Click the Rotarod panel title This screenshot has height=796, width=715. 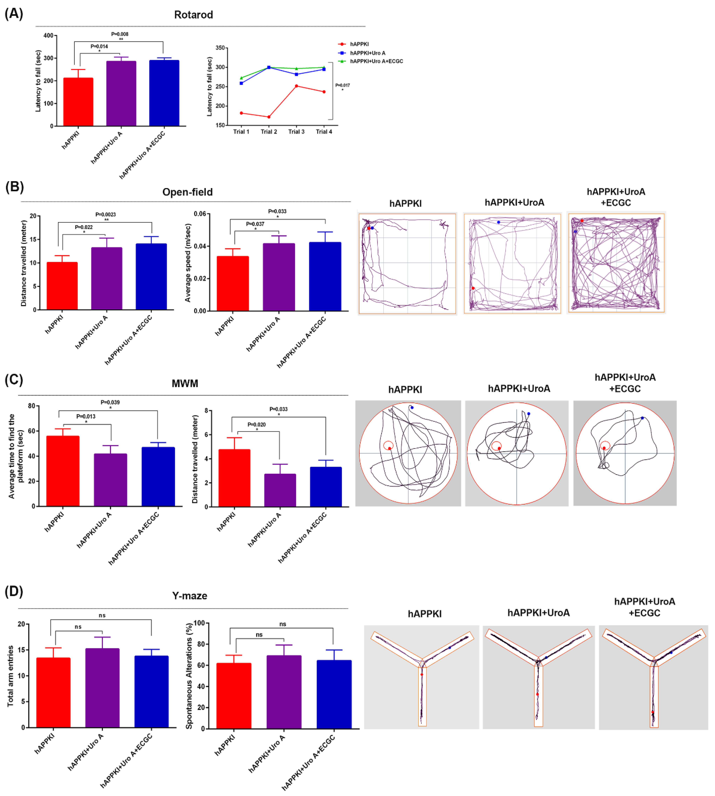(193, 15)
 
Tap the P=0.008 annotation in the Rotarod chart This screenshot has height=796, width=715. (120, 34)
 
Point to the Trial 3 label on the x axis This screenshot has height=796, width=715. (296, 132)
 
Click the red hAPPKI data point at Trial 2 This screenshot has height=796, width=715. (269, 117)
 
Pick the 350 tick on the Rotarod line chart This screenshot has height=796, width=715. (220, 48)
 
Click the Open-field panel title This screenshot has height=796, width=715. (187, 192)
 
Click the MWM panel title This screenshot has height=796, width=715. (185, 383)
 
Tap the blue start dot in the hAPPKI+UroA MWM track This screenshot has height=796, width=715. (528, 414)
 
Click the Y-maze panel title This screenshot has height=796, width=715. (189, 596)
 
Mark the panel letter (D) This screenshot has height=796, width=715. (14, 591)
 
